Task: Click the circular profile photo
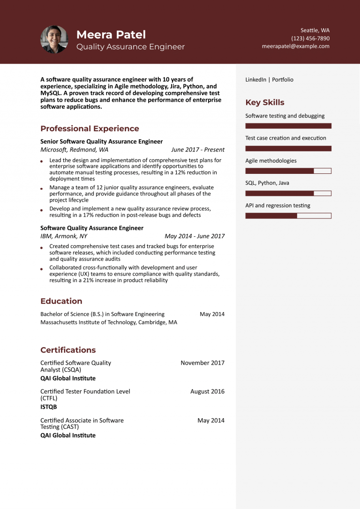pos(54,39)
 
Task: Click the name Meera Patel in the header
pos(111,35)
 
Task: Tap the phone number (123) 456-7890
pos(310,38)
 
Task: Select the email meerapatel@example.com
pos(295,46)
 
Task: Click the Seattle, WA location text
pos(315,30)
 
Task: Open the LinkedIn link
pos(255,80)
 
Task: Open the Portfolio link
pos(283,80)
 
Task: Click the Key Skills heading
pos(265,103)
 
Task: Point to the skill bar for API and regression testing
pos(288,216)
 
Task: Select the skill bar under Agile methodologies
pos(288,171)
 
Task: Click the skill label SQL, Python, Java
pos(267,183)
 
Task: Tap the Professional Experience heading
pos(90,128)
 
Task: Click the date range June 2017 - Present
pos(198,150)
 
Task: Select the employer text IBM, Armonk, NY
pos(64,236)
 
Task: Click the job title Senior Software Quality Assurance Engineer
pos(101,142)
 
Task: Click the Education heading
pos(61,301)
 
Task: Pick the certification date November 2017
pos(202,363)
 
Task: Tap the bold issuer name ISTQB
pos(49,407)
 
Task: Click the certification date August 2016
pos(207,391)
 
